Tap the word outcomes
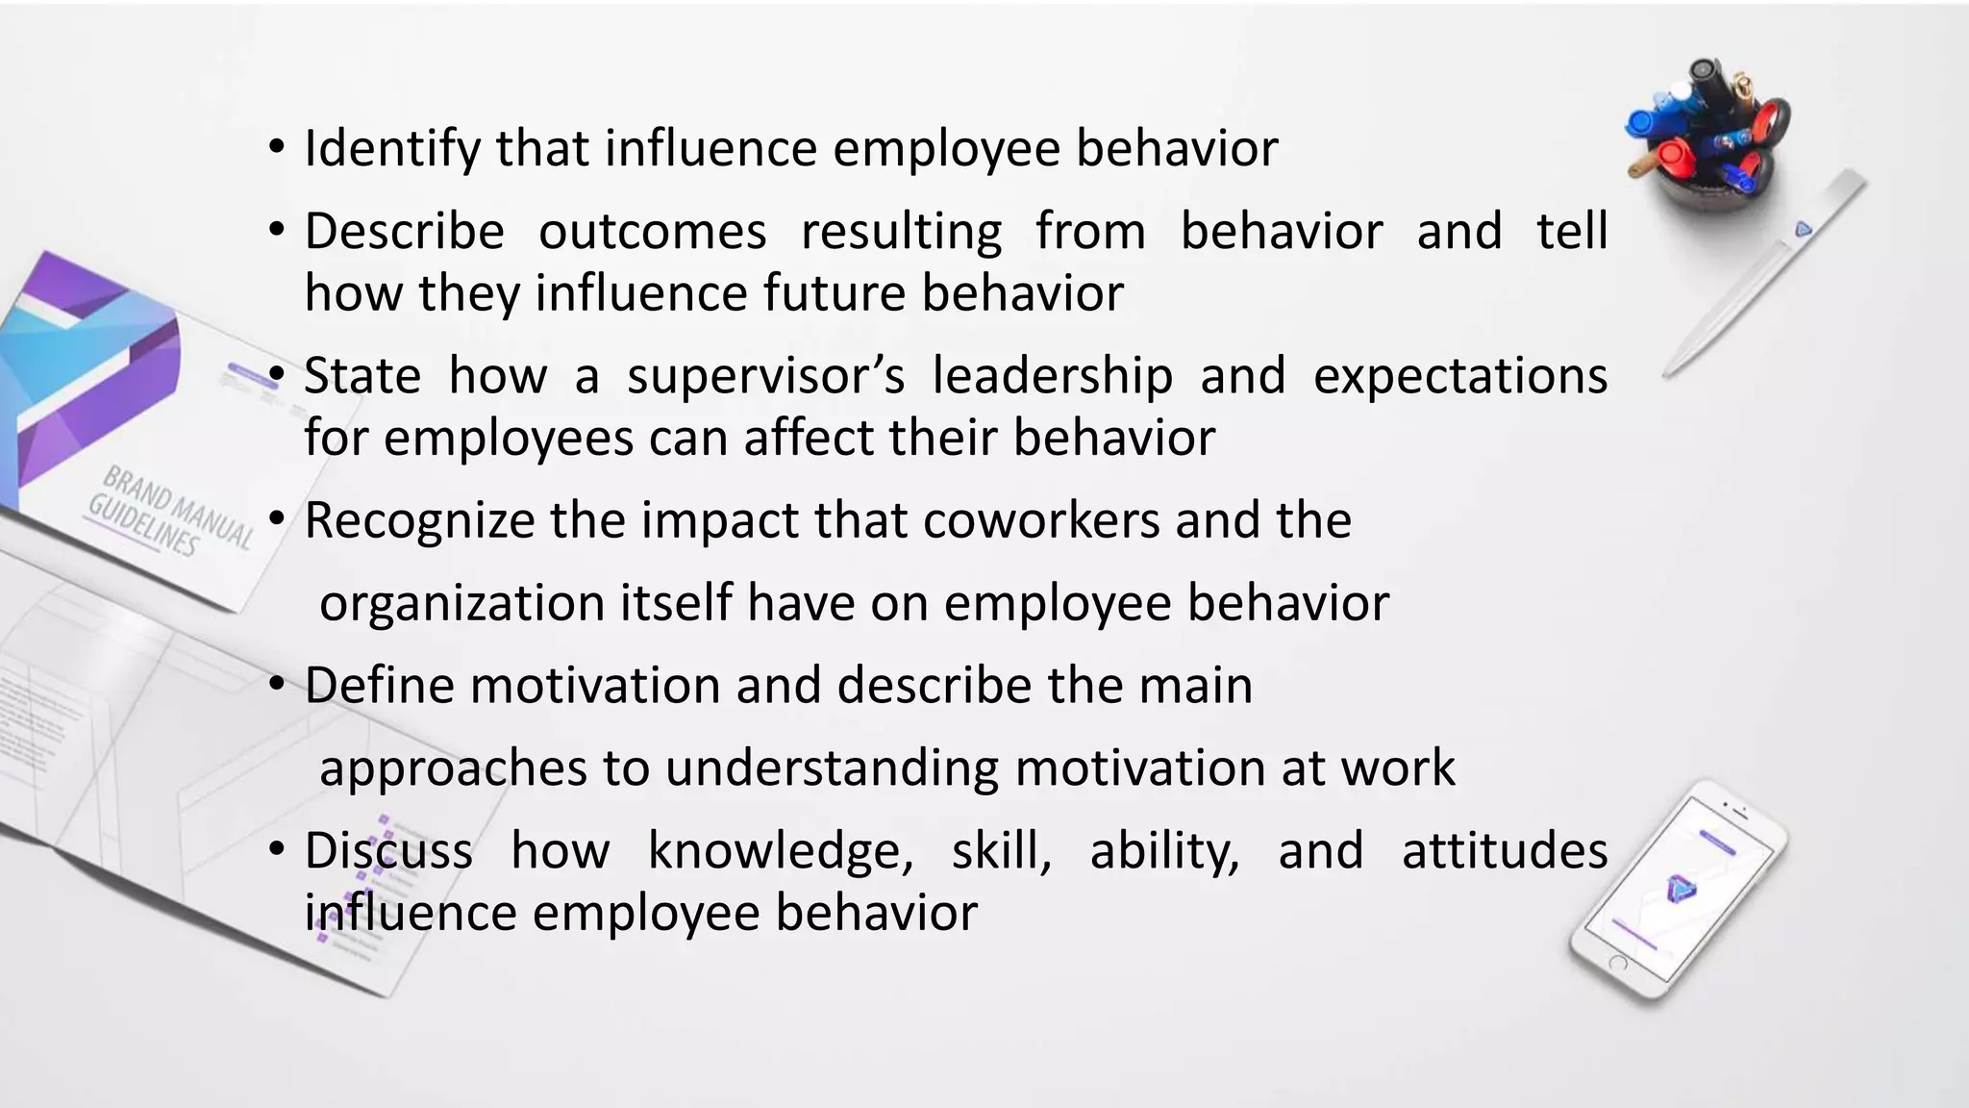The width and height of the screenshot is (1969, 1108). pos(652,232)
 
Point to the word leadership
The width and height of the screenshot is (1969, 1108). pos(1052,376)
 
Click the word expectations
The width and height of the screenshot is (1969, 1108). pos(1459,376)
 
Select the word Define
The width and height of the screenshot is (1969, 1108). pos(379,687)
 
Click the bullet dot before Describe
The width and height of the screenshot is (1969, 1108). pos(277,232)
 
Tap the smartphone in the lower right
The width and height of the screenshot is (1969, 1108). pos(1677,890)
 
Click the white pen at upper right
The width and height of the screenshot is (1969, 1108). pos(1764,274)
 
